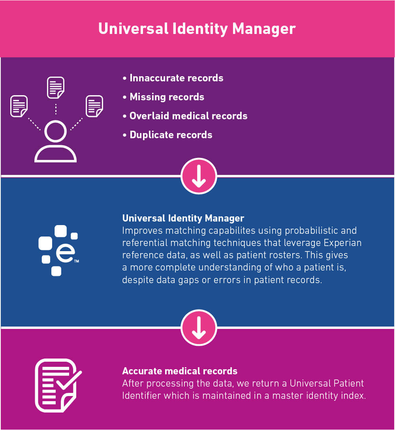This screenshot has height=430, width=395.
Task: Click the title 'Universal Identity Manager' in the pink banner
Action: pyautogui.click(x=197, y=29)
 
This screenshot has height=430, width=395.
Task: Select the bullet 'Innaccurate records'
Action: pyautogui.click(x=176, y=78)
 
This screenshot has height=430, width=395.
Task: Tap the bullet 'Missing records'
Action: pyautogui.click(x=167, y=97)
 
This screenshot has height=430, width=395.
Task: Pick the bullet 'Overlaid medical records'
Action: pyautogui.click(x=188, y=116)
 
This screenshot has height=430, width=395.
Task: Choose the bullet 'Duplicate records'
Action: pyautogui.click(x=171, y=135)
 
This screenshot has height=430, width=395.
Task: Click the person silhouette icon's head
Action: pyautogui.click(x=55, y=131)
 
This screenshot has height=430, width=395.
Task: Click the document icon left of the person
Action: pyautogui.click(x=19, y=106)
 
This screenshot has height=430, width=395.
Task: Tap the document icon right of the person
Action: pyautogui.click(x=94, y=106)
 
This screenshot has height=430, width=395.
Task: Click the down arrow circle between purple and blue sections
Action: pyautogui.click(x=199, y=176)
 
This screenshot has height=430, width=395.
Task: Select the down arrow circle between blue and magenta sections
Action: pyautogui.click(x=199, y=328)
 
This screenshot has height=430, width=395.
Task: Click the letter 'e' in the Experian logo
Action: pyautogui.click(x=64, y=254)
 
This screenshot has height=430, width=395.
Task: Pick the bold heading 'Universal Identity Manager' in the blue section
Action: pyautogui.click(x=183, y=218)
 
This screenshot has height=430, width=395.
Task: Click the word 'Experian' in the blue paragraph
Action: pyautogui.click(x=345, y=242)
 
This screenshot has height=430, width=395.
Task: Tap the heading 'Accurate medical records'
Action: pyautogui.click(x=180, y=371)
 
